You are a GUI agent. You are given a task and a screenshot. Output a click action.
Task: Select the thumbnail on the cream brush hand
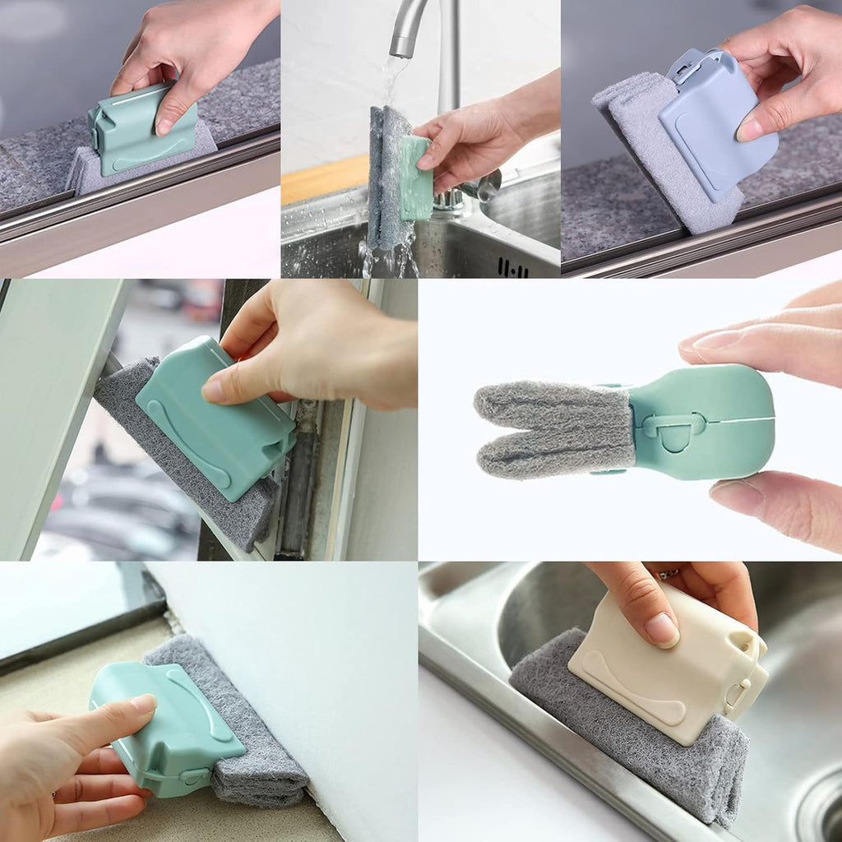662,629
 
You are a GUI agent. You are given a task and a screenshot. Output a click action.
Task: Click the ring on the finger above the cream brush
668,573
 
